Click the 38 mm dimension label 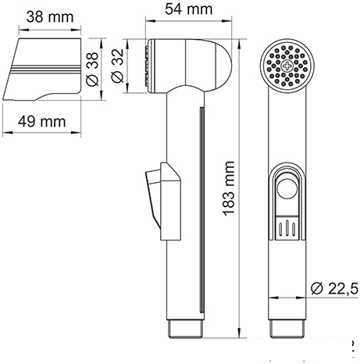[x=50, y=17]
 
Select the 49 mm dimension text [x=41, y=122]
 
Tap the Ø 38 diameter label [x=92, y=70]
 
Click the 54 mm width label [x=189, y=9]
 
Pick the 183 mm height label [x=229, y=188]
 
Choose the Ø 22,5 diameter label [x=334, y=288]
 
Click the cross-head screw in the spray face [x=287, y=66]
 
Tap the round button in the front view [x=287, y=188]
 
